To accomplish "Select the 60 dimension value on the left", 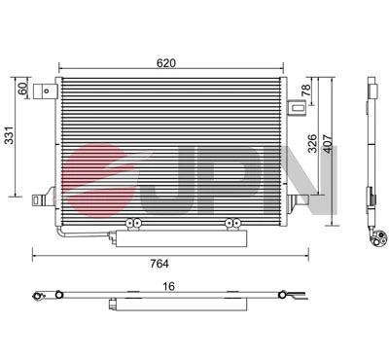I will pos(22,89).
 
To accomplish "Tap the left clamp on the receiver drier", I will pos(135,225).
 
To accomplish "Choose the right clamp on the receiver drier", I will pos(231,225).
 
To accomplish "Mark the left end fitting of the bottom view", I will pos(39,293).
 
